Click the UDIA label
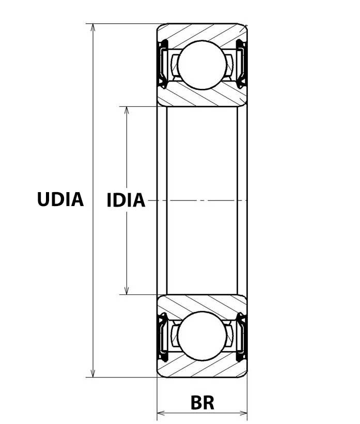tap(60, 199)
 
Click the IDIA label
tap(126, 200)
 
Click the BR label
tap(202, 402)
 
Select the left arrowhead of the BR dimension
tap(161, 413)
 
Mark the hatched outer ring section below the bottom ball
tap(202, 368)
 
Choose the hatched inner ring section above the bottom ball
tap(202, 304)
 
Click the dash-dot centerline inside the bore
tap(202, 200)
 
